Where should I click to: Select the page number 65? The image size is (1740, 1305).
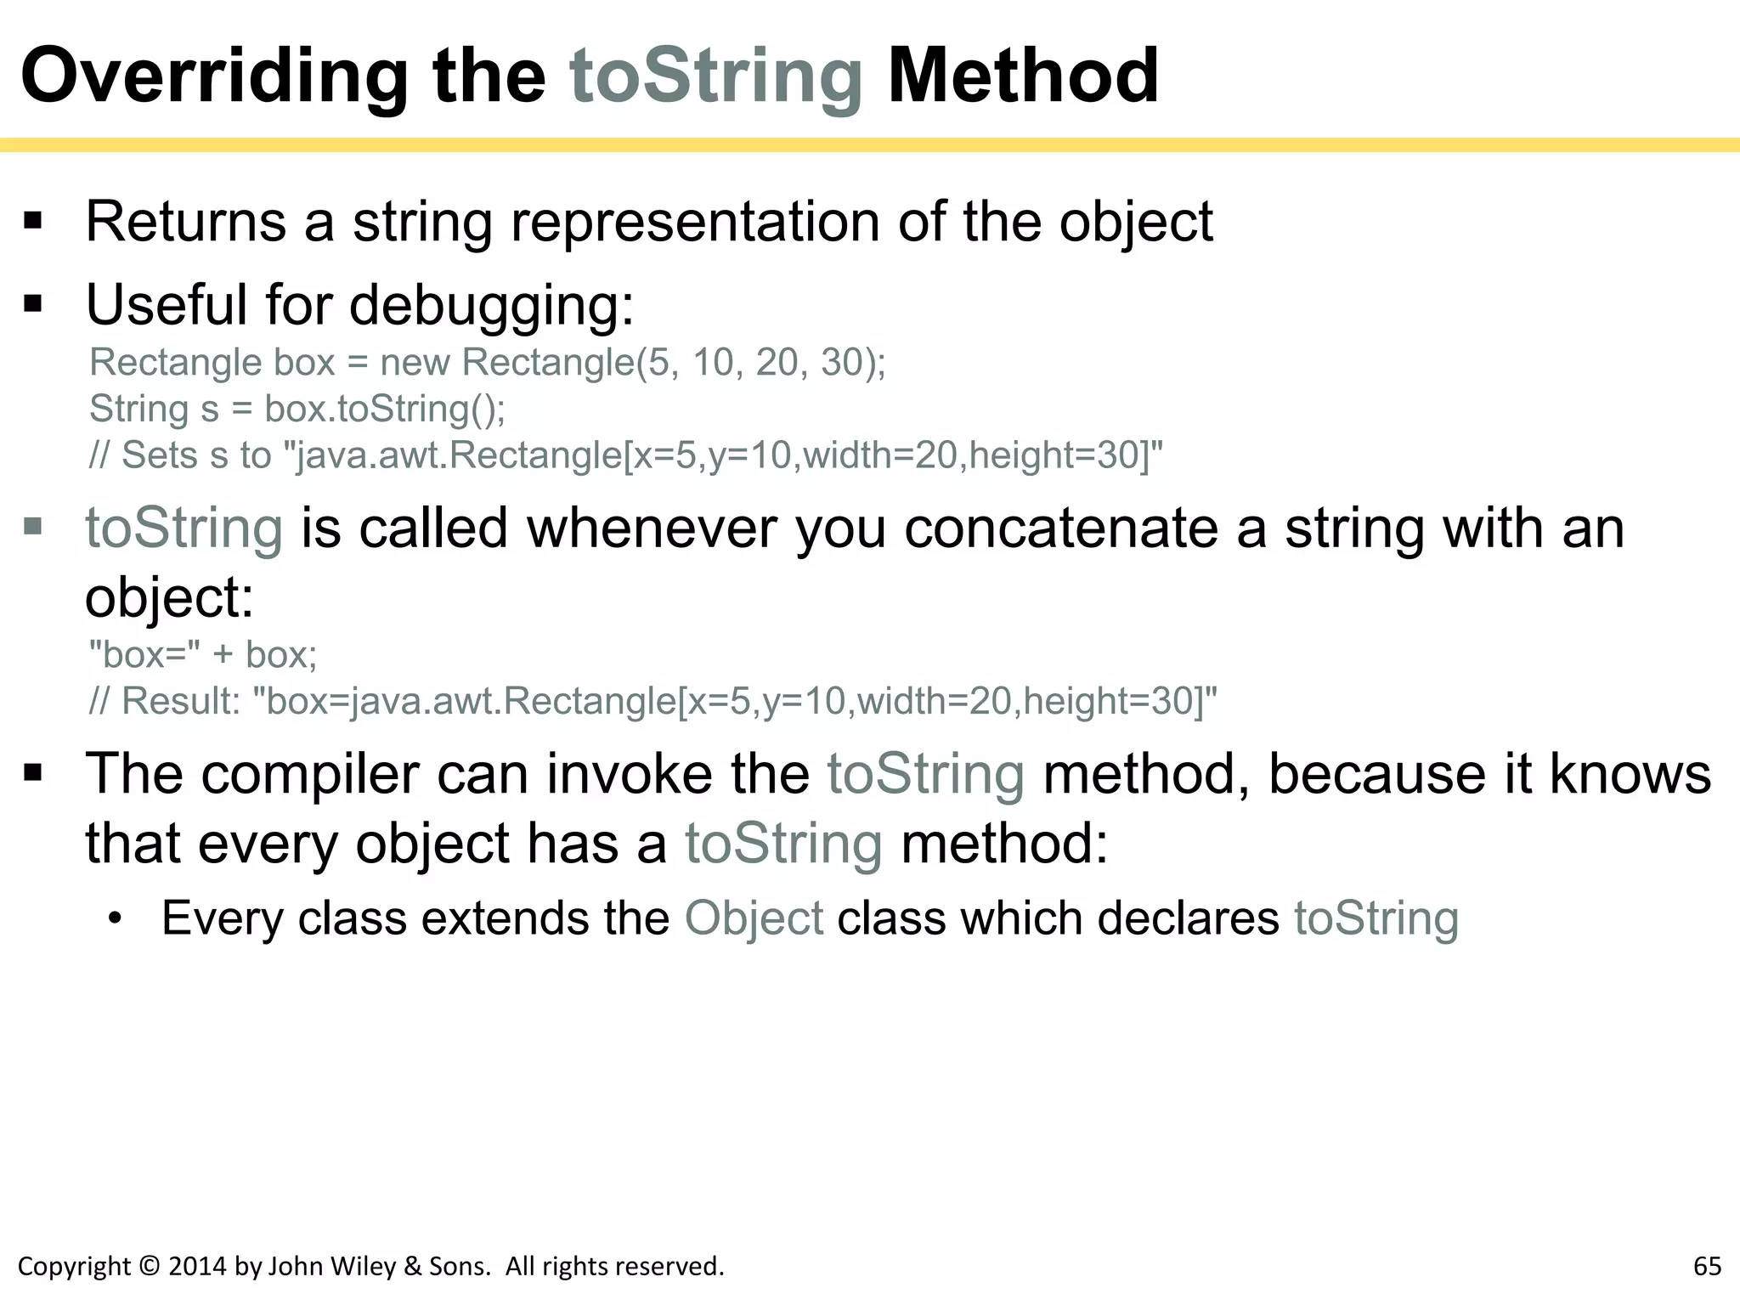(x=1707, y=1266)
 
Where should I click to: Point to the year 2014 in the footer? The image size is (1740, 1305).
(x=197, y=1266)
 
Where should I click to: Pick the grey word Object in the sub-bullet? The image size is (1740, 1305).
(x=754, y=918)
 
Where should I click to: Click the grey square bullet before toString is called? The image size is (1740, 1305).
(x=33, y=526)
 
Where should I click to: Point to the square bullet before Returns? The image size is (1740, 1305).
(x=33, y=222)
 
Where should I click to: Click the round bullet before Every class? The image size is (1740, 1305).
(x=116, y=918)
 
